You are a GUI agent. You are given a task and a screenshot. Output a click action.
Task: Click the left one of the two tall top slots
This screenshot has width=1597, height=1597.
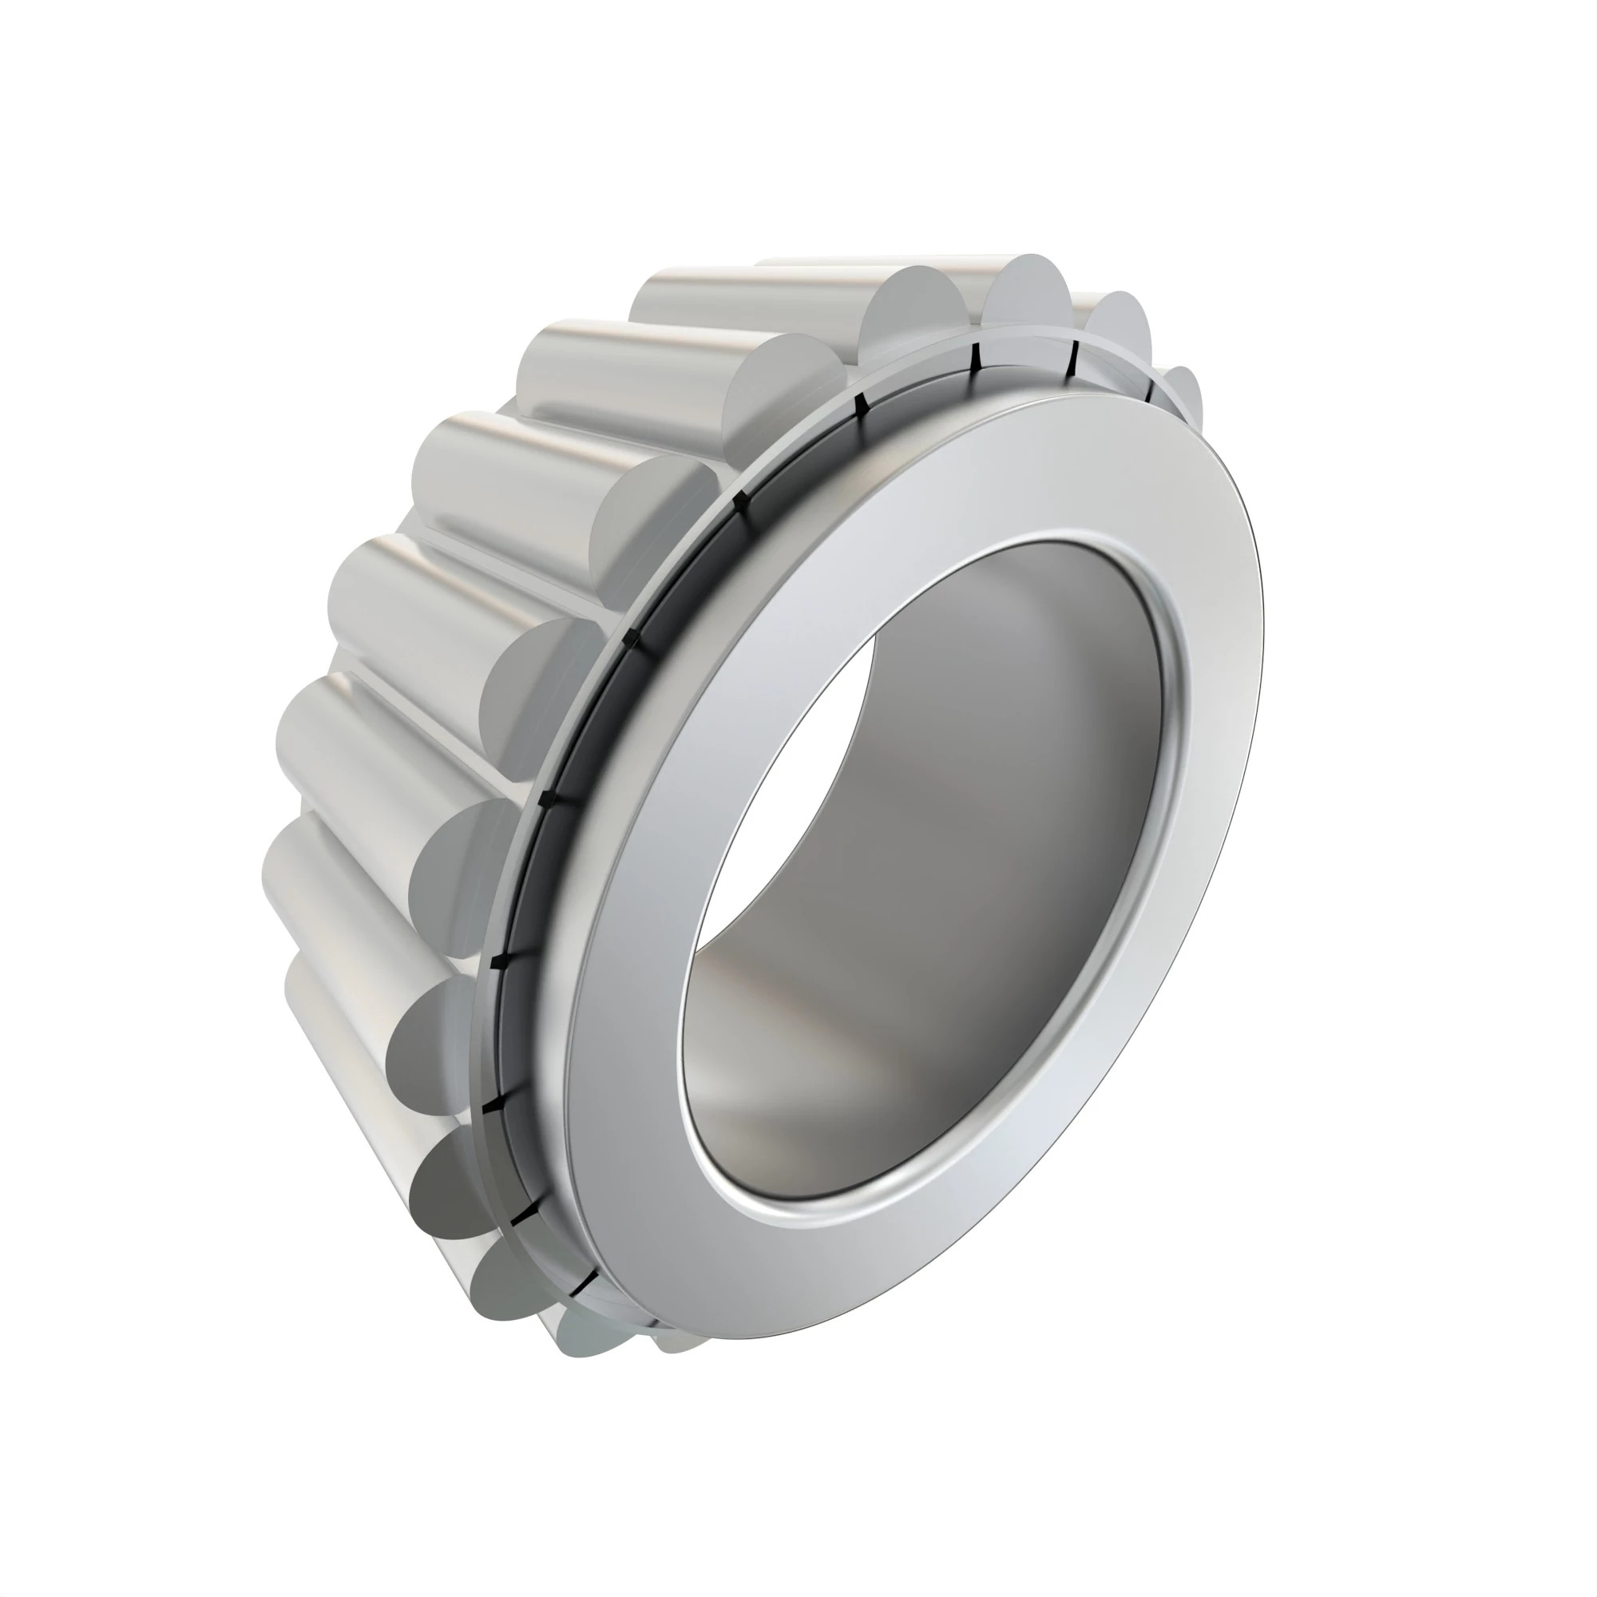click(976, 357)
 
